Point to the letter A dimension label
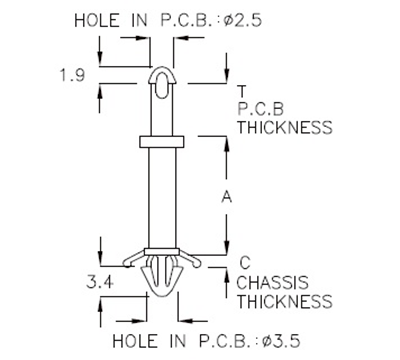[x=226, y=197]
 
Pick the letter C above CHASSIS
[x=243, y=263]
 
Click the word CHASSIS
[x=273, y=282]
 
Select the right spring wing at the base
[x=194, y=261]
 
